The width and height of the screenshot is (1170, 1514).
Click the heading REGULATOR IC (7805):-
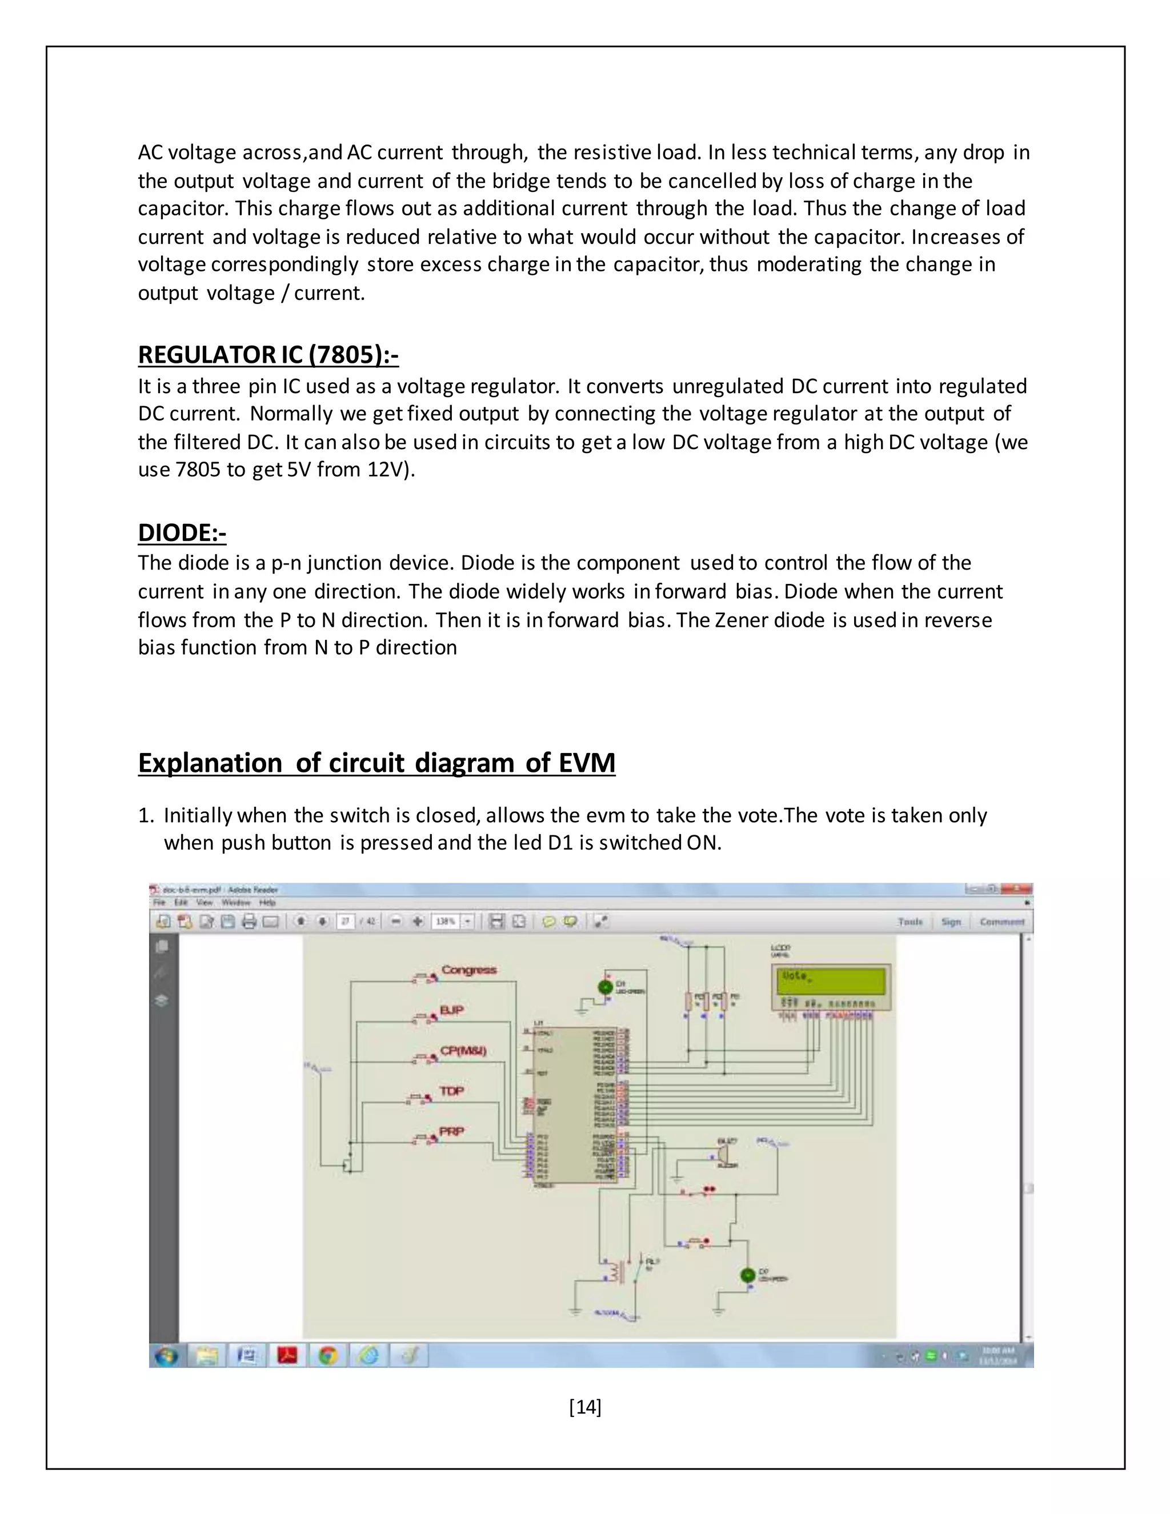[269, 354]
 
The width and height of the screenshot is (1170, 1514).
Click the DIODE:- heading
[182, 532]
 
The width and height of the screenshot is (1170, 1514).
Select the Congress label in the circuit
[468, 970]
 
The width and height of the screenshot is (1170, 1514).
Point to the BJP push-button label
[451, 1010]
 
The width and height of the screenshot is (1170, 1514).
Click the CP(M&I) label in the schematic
[463, 1050]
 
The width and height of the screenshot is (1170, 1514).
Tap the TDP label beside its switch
[451, 1091]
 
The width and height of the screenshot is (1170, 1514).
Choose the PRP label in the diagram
[451, 1131]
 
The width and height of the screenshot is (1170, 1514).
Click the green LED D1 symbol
[604, 986]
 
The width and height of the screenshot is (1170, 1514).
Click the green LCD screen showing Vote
[830, 981]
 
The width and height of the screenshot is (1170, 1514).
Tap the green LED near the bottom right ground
[747, 1274]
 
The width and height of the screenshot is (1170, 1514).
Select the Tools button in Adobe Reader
[910, 922]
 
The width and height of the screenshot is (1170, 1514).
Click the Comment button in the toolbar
[1001, 922]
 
